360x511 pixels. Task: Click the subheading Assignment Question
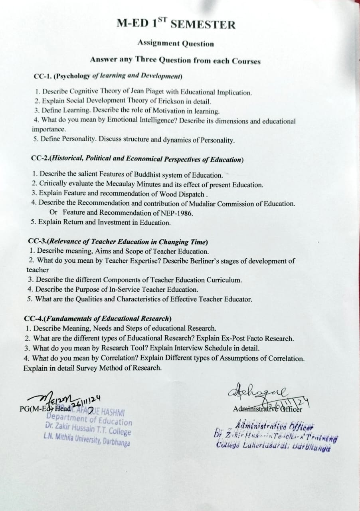tap(176, 44)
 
